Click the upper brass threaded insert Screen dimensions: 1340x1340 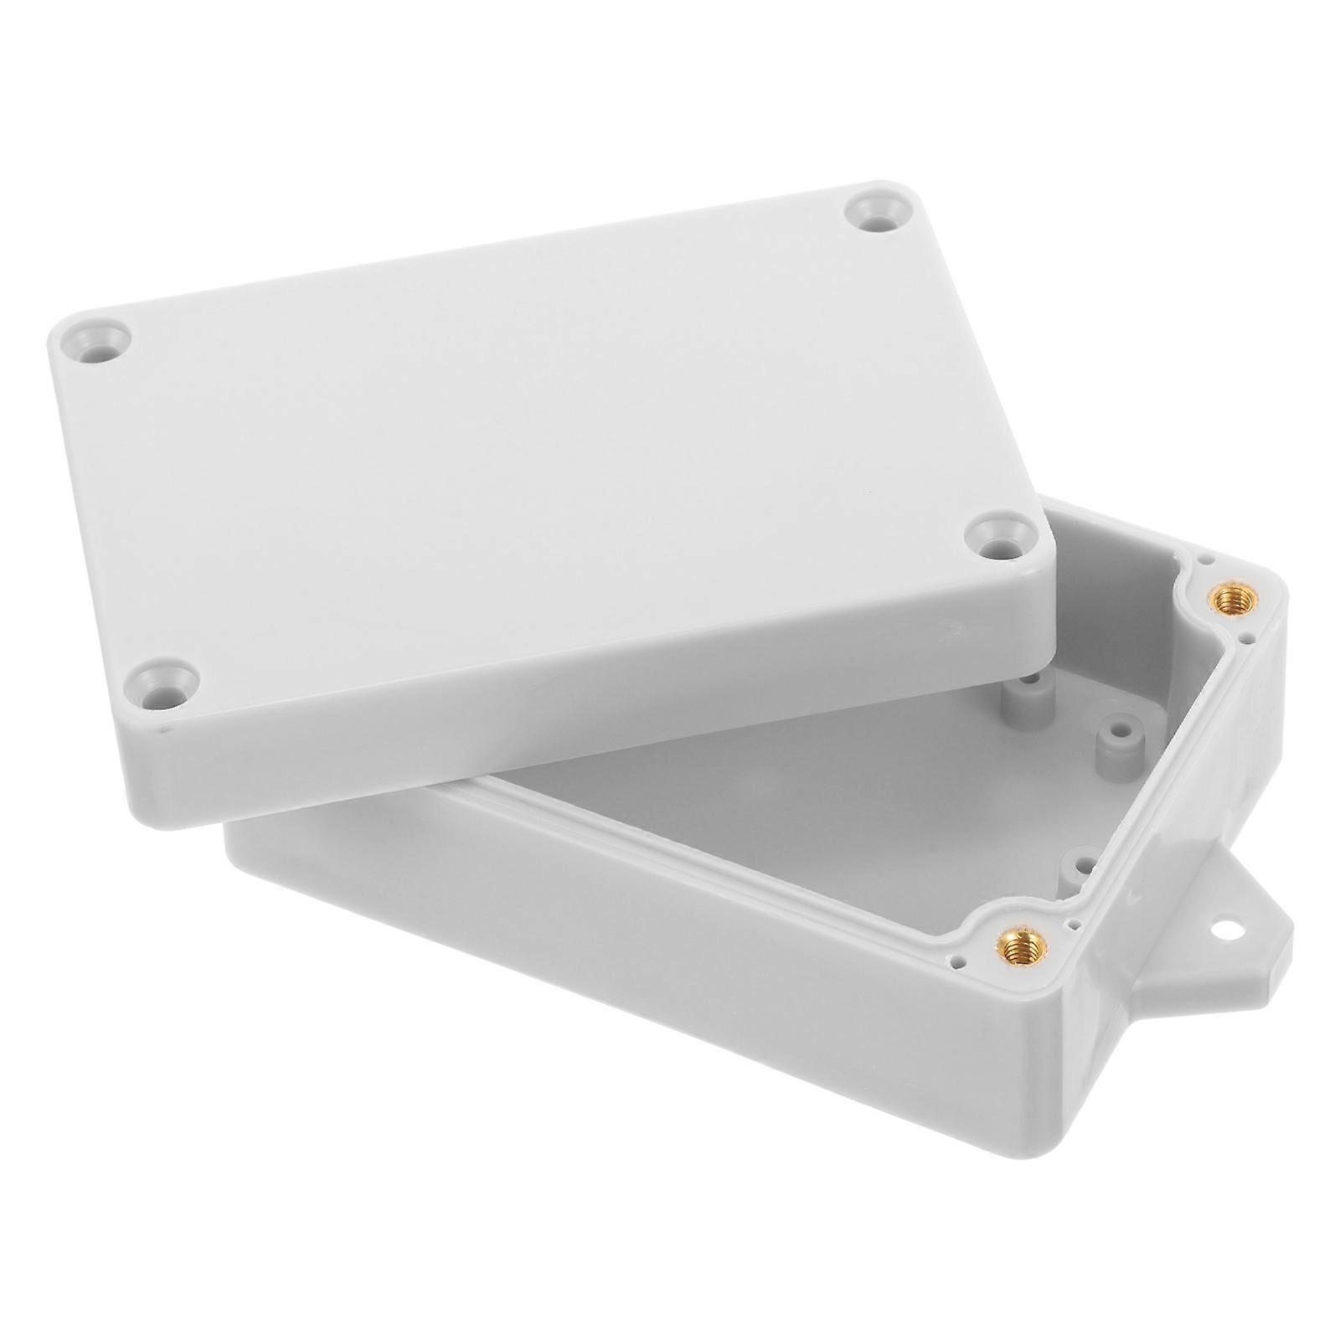click(1230, 598)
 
